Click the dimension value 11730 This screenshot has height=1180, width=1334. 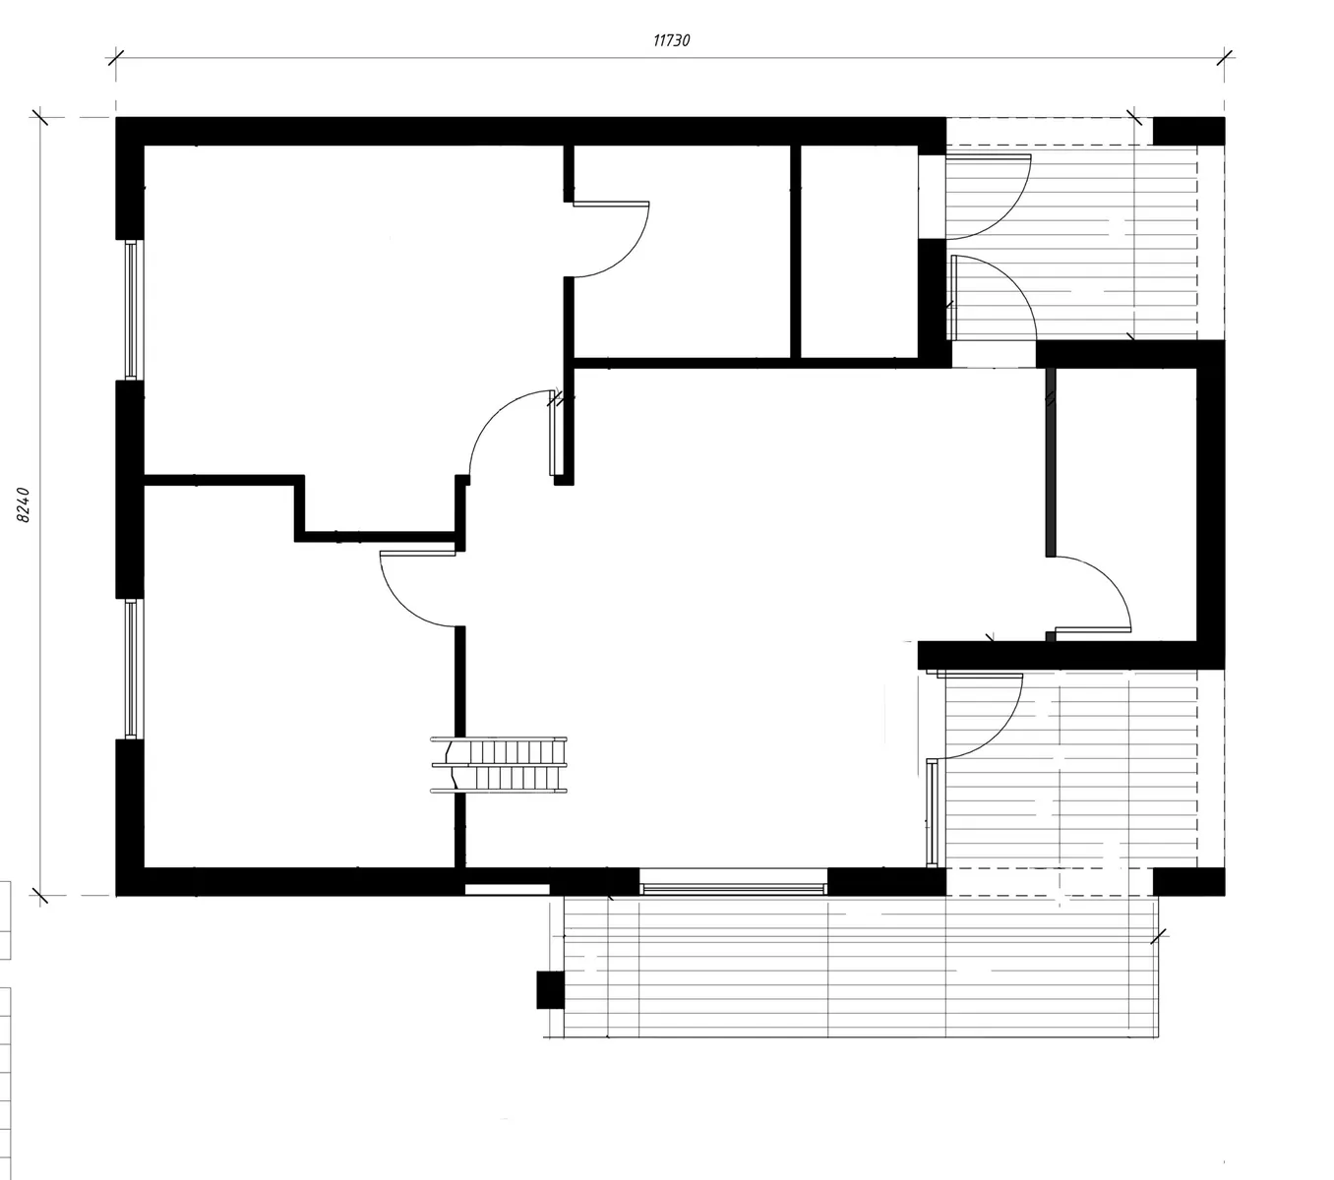pyautogui.click(x=671, y=40)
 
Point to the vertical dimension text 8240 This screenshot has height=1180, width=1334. pyautogui.click(x=23, y=504)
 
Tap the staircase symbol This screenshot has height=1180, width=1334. pyautogui.click(x=499, y=765)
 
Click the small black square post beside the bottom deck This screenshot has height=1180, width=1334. pyautogui.click(x=551, y=990)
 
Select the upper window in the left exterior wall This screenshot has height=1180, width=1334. pyautogui.click(x=131, y=310)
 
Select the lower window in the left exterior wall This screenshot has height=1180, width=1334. pyautogui.click(x=131, y=669)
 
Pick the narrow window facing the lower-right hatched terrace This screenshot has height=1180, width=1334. pyautogui.click(x=932, y=812)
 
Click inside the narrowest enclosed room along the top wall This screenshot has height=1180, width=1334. pyautogui.click(x=859, y=252)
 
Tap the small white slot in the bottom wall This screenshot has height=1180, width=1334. pyautogui.click(x=507, y=889)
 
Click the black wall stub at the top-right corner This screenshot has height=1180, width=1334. pyautogui.click(x=1188, y=131)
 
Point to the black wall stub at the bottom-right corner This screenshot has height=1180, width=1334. pyautogui.click(x=1188, y=882)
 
